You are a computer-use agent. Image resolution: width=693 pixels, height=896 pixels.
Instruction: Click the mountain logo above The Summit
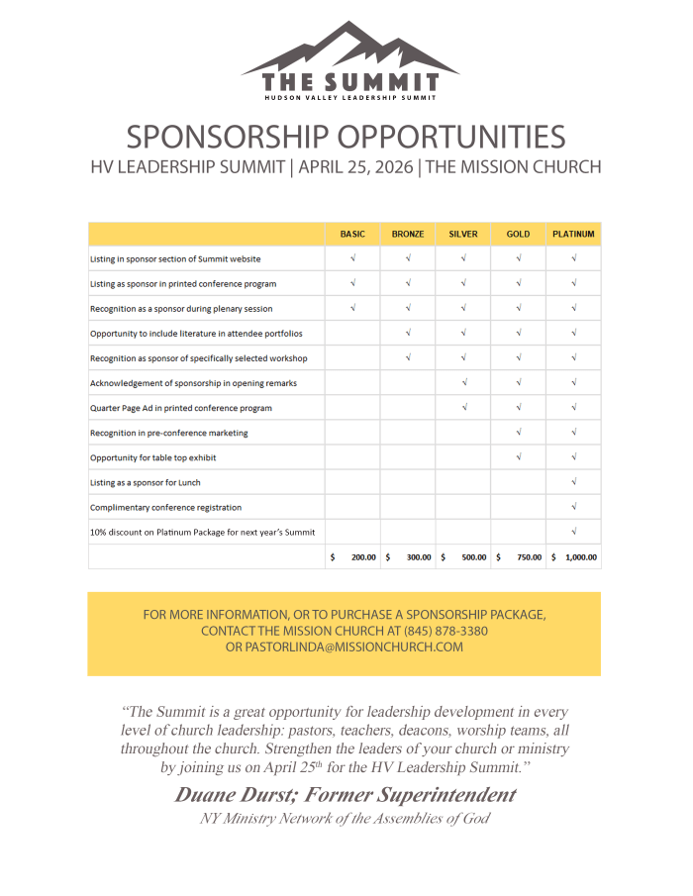pos(348,50)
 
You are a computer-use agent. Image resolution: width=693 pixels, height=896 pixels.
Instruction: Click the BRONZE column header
pos(408,235)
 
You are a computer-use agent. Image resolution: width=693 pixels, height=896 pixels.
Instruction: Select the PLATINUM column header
pos(573,235)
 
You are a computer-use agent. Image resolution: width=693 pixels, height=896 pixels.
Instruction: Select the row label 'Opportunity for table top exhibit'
pos(153,457)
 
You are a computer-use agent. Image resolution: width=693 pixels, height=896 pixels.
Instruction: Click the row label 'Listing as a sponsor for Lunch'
pos(146,482)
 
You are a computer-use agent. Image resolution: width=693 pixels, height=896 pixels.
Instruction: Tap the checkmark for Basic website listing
pos(352,258)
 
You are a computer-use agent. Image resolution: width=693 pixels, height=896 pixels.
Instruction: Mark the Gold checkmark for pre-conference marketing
pos(519,433)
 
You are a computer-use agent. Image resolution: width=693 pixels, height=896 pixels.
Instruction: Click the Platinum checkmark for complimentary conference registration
pos(574,507)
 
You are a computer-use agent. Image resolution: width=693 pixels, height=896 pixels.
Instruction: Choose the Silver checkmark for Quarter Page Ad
pos(463,408)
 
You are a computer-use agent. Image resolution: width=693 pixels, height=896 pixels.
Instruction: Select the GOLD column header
pos(518,235)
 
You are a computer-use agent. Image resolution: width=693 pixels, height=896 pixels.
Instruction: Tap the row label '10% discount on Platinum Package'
pos(202,532)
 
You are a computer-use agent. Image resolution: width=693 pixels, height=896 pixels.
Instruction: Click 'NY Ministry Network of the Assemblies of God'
pos(345,819)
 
